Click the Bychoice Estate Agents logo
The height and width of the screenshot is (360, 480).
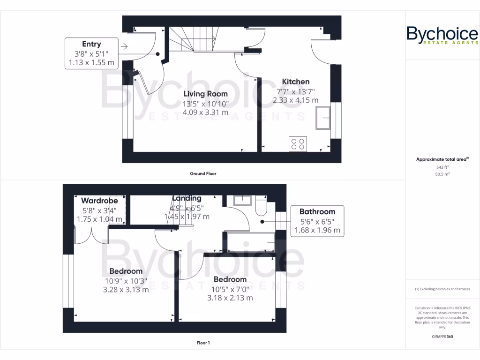442,36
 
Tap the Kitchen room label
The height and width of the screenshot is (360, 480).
295,82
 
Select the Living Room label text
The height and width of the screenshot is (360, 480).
205,94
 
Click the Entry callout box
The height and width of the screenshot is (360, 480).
91,53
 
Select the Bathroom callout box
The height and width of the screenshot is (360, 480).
317,221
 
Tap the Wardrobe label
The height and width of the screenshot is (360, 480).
99,201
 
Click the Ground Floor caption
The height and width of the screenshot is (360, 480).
202,173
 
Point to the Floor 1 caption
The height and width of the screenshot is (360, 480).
202,343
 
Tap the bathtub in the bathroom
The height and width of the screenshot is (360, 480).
249,242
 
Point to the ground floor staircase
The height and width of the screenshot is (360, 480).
194,39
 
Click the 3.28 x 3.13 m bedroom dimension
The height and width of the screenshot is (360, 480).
126,289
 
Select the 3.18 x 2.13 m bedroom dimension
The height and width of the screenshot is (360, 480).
230,298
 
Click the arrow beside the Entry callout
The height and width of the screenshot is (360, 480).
124,46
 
